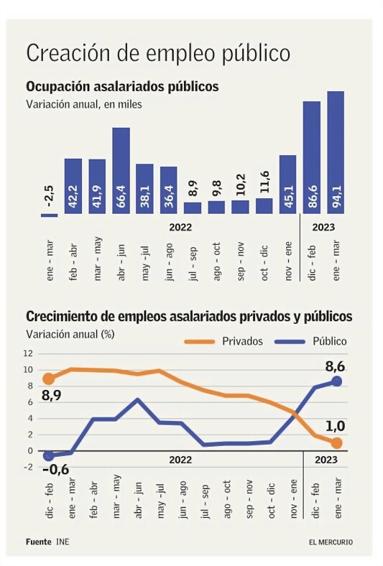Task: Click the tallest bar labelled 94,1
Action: pyautogui.click(x=336, y=152)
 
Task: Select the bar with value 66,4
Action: pyautogui.click(x=121, y=170)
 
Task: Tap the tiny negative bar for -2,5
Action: pyautogui.click(x=50, y=215)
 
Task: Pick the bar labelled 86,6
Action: pyautogui.click(x=312, y=157)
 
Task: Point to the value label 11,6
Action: pyautogui.click(x=264, y=182)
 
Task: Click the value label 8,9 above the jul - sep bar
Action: pyautogui.click(x=193, y=188)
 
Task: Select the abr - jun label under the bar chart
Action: pyautogui.click(x=121, y=262)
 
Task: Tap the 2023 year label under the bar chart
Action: pyautogui.click(x=323, y=228)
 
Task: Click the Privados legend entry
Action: pyautogui.click(x=223, y=341)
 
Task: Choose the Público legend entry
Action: pyautogui.click(x=311, y=341)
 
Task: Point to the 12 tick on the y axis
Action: pyautogui.click(x=28, y=353)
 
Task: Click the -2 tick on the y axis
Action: pyautogui.click(x=28, y=467)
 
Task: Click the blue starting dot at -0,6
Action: pyautogui.click(x=48, y=456)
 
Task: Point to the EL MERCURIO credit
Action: pyautogui.click(x=331, y=542)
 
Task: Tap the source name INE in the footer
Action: pyautogui.click(x=63, y=542)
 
